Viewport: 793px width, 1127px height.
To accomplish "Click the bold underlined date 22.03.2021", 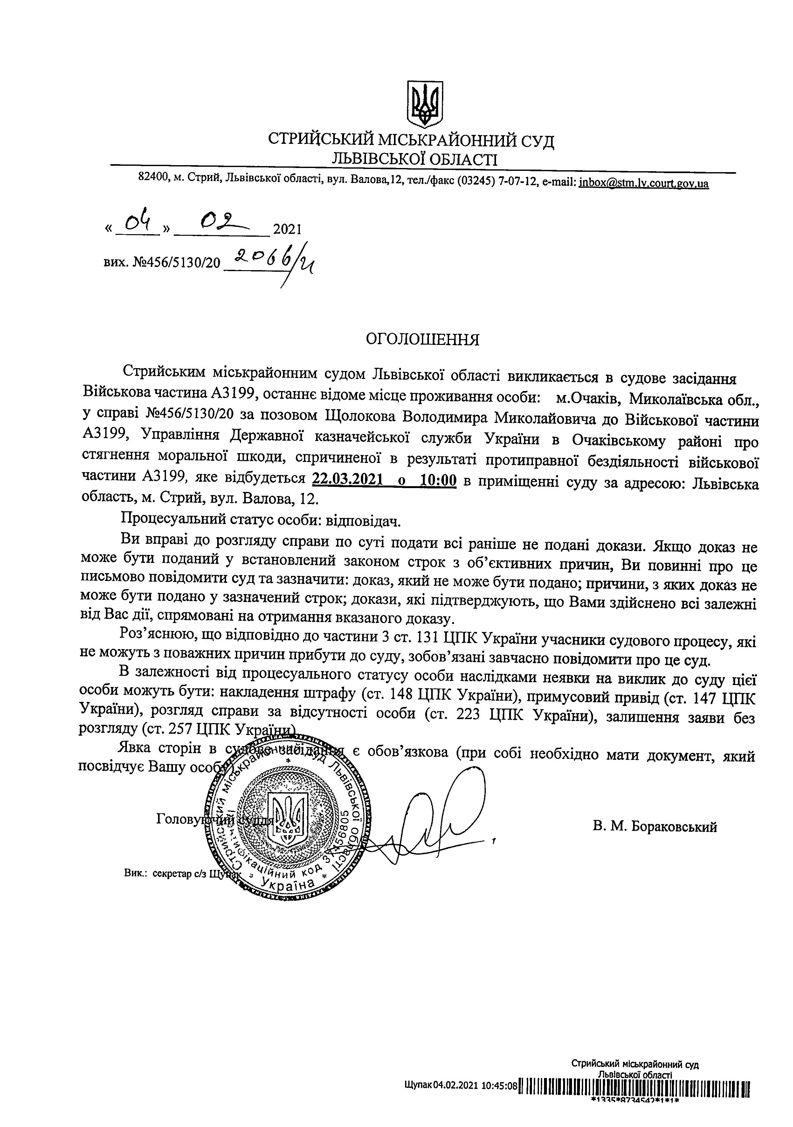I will pyautogui.click(x=347, y=479).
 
